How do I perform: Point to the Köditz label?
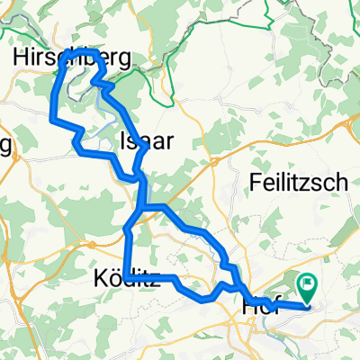point(127,279)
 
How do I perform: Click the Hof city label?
point(258,307)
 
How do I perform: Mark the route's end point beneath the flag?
point(309,302)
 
